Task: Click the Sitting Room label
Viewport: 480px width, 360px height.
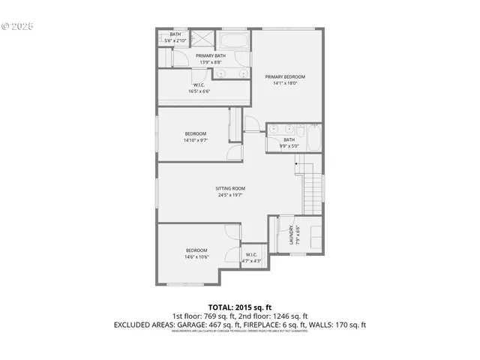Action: coord(230,188)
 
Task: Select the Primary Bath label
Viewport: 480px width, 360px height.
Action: coord(211,55)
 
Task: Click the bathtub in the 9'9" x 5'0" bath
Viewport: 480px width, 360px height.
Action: coord(313,139)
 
